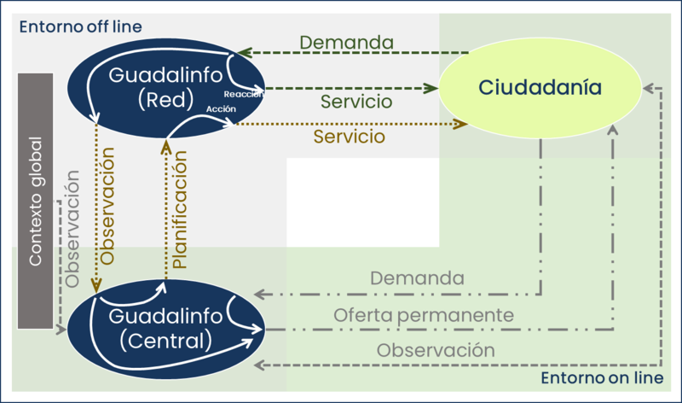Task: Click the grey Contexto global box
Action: pyautogui.click(x=36, y=201)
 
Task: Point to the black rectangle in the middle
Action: pyautogui.click(x=362, y=202)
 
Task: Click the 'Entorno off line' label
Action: pyautogui.click(x=80, y=26)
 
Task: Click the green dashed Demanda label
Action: pyautogui.click(x=346, y=42)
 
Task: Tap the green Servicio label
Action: pyautogui.click(x=356, y=102)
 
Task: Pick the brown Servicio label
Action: pyautogui.click(x=349, y=136)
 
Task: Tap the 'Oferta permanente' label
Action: pyautogui.click(x=424, y=314)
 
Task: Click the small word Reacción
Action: pyautogui.click(x=243, y=95)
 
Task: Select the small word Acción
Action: pyautogui.click(x=221, y=110)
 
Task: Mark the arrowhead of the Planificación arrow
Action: pyautogui.click(x=167, y=148)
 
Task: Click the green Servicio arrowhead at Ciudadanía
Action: pyautogui.click(x=430, y=87)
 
